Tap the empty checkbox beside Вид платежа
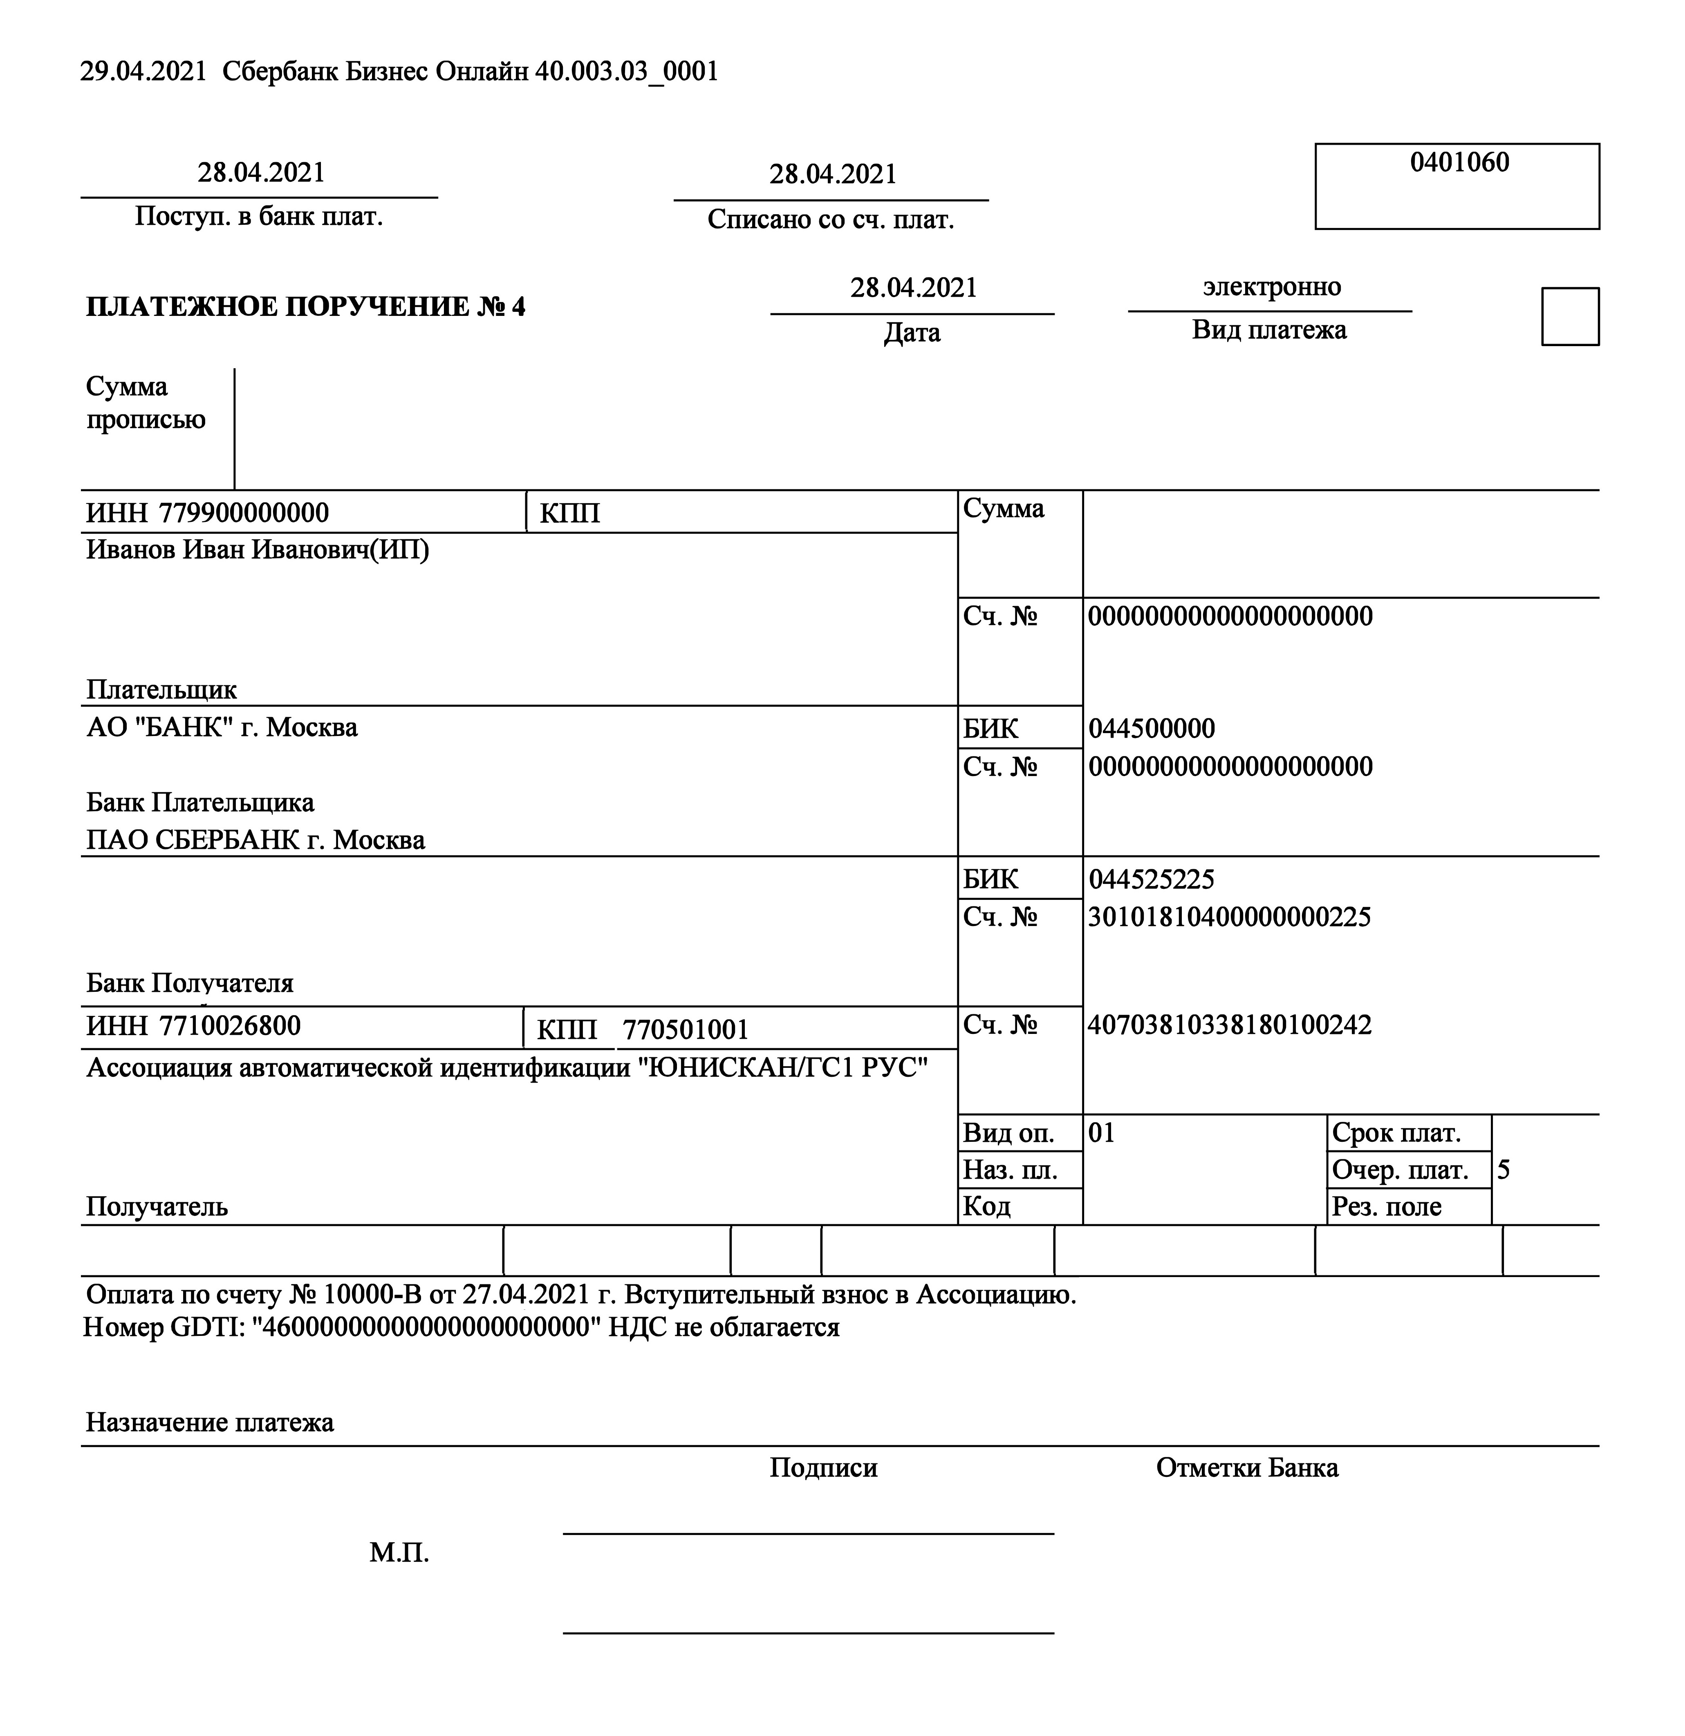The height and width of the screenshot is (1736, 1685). coord(1570,316)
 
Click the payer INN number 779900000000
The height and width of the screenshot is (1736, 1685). coord(244,513)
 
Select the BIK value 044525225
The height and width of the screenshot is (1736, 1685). coord(1151,879)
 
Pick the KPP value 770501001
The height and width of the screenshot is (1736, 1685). coord(685,1029)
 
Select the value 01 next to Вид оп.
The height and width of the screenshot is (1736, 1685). coord(1101,1133)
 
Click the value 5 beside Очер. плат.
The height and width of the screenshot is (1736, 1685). coord(1504,1170)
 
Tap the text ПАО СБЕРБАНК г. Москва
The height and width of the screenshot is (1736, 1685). coord(255,840)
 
